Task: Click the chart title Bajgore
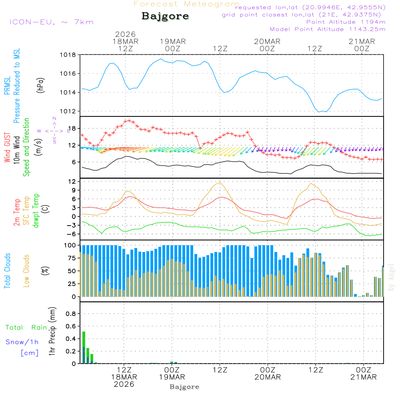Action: pyautogui.click(x=165, y=16)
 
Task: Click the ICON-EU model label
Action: pyautogui.click(x=51, y=22)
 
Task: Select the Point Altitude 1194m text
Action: pyautogui.click(x=346, y=22)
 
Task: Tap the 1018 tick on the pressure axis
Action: pyautogui.click(x=68, y=55)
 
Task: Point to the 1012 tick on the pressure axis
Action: pyautogui.click(x=68, y=111)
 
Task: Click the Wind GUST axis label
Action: pyautogui.click(x=8, y=148)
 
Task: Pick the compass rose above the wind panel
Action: pyautogui.click(x=54, y=130)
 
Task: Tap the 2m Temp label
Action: pyautogui.click(x=17, y=212)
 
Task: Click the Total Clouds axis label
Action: pyautogui.click(x=8, y=271)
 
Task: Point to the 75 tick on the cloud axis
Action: pyautogui.click(x=70, y=258)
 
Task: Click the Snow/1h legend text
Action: pyautogui.click(x=22, y=342)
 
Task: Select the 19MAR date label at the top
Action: pyautogui.click(x=173, y=41)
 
